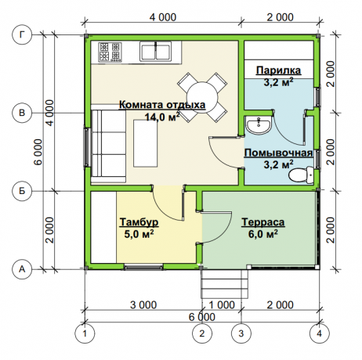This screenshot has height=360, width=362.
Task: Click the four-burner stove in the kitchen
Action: tap(110, 52)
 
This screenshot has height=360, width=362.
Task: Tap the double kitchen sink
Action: tap(155, 52)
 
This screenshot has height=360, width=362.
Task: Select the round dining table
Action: tap(202, 97)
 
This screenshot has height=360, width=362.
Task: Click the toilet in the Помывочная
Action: tap(301, 175)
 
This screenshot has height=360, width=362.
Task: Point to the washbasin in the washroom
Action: tap(259, 125)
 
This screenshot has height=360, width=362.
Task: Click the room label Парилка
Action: tap(278, 70)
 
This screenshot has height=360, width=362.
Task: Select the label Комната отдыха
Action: tap(162, 105)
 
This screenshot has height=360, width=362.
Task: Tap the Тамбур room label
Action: tap(139, 222)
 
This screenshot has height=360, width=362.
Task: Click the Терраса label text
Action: tap(263, 222)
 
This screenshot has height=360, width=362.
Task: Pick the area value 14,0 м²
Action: tap(162, 117)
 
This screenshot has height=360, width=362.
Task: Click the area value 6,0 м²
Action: tap(262, 234)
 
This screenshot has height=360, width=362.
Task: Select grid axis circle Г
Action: tap(22, 34)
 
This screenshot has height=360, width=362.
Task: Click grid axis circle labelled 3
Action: tap(241, 333)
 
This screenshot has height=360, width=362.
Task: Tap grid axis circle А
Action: tap(22, 269)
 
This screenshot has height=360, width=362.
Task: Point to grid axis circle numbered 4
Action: tap(320, 333)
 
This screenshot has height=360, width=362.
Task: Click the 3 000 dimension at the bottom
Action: tap(143, 304)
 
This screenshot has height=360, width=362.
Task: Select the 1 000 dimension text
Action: tap(222, 304)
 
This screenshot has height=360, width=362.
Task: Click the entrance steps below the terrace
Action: tap(224, 284)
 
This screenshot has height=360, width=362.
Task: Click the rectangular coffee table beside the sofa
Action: tap(146, 143)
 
